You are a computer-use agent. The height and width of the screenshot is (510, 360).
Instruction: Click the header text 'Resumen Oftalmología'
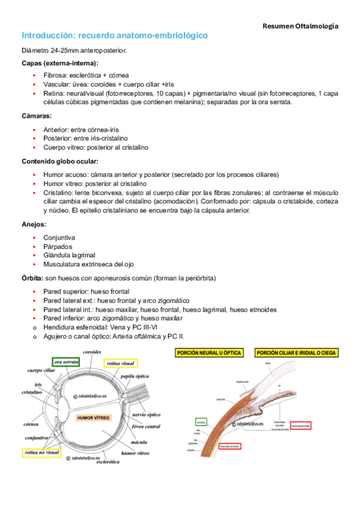click(300, 26)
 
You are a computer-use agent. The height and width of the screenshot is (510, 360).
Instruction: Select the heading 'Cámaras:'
click(36, 115)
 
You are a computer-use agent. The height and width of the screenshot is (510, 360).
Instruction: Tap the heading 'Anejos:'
click(34, 224)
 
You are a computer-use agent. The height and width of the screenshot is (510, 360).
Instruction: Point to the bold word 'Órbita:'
click(32, 278)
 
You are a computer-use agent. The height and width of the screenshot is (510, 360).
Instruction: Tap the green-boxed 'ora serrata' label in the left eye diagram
click(67, 363)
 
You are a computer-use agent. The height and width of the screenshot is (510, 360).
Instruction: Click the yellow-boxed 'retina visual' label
click(121, 363)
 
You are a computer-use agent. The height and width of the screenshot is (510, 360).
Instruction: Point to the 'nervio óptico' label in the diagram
click(145, 414)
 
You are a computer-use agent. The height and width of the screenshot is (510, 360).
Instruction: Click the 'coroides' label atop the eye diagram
click(94, 352)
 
